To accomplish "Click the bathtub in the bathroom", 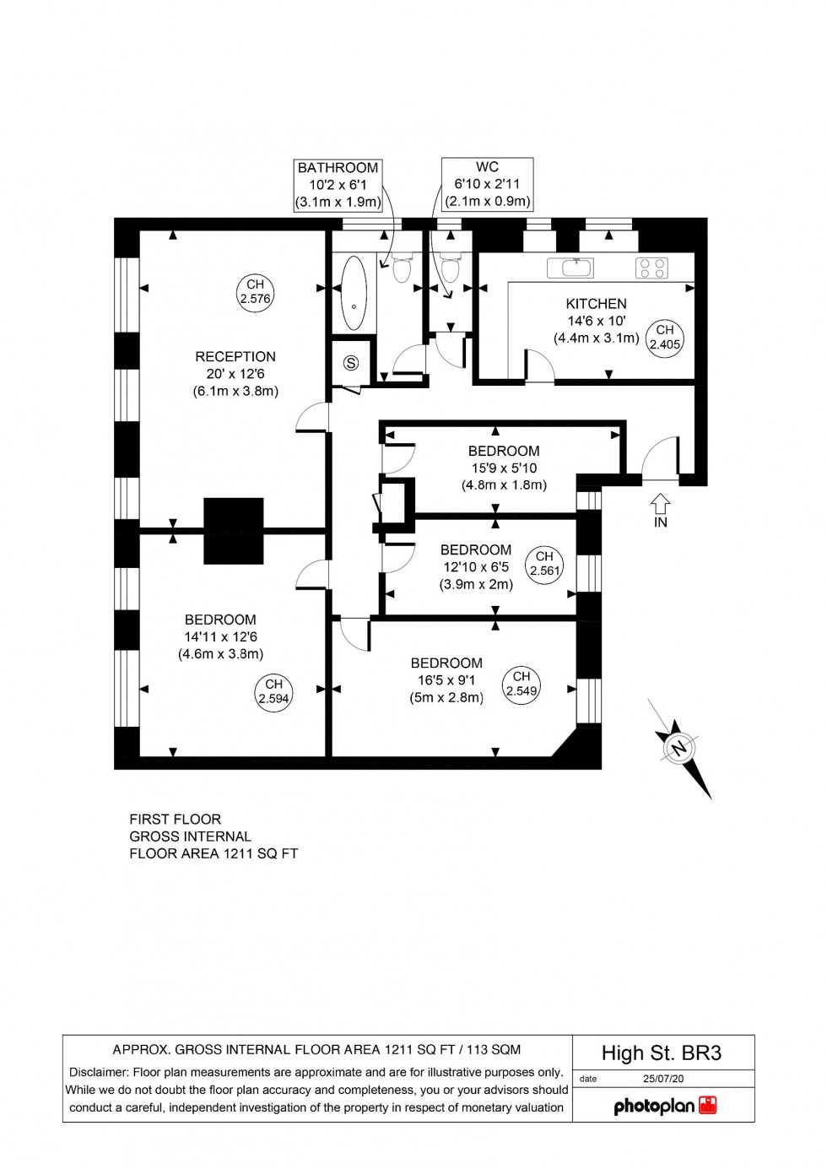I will pos(354,292).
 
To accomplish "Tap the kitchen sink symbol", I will pos(570,268).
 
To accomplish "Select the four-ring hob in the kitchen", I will pos(651,268).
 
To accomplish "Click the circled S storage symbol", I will pos(351,363).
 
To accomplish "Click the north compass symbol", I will pos(680,748).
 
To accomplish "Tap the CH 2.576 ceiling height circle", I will pos(255,291).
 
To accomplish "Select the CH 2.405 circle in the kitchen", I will pos(665,337).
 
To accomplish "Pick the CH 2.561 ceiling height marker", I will pos(544,563).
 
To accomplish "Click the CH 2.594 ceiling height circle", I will pos(274,691).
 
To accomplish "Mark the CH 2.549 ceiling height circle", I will pos(522,684).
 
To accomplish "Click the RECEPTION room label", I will pos(235,357).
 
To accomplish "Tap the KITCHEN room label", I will pos(596,304).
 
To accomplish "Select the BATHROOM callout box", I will pos(338,185).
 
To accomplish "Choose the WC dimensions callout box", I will pos(487,184).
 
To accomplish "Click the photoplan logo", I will pos(664,1106).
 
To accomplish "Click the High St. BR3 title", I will pos(662,1053).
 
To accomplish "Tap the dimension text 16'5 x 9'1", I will pos(446,680).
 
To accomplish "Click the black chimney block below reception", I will pos(234,531).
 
